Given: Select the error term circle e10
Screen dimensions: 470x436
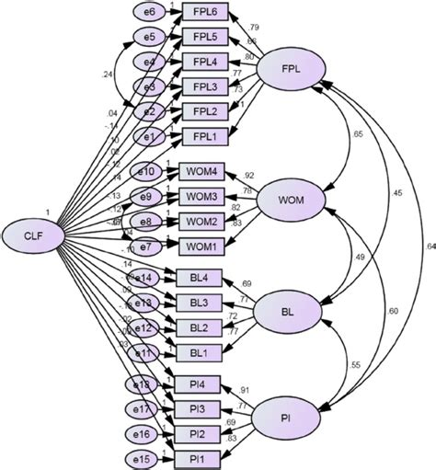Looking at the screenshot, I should click(147, 173).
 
